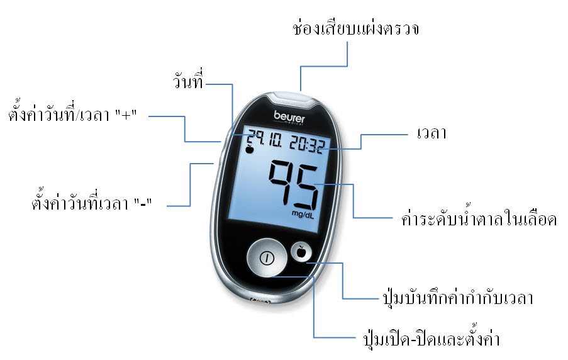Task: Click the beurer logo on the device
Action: [289, 117]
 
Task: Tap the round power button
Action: [267, 258]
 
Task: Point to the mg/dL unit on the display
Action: [303, 215]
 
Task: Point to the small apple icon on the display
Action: [249, 149]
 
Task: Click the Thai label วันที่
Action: [187, 80]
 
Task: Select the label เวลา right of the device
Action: [432, 133]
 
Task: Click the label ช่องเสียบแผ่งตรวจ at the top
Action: [356, 28]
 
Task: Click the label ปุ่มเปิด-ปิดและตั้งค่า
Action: [432, 338]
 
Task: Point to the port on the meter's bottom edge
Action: [260, 301]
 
